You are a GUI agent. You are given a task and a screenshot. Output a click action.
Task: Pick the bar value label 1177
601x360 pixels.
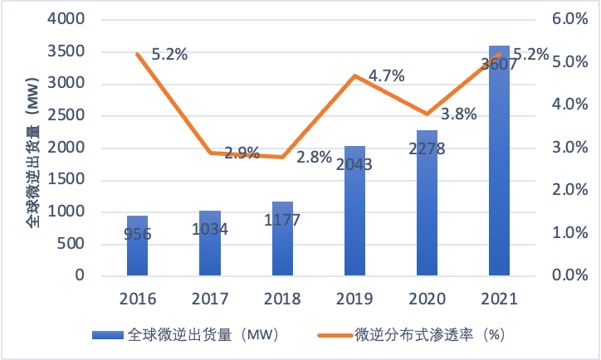282,221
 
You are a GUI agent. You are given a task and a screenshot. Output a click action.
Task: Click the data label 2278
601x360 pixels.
427,149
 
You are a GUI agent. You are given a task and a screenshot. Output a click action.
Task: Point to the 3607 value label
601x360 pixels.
499,66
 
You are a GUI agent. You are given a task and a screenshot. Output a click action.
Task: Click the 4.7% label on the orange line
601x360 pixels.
386,76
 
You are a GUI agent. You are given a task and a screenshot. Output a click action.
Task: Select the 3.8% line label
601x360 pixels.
458,114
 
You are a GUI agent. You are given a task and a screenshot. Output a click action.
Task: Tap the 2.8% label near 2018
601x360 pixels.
314,158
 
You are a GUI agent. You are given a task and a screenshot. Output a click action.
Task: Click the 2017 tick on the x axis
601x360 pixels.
210,299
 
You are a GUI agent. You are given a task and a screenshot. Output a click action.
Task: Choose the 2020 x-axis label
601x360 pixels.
427,299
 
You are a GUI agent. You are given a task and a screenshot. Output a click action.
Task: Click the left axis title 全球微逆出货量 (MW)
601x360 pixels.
32,148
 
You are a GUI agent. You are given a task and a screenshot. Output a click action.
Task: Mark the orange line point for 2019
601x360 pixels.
354,75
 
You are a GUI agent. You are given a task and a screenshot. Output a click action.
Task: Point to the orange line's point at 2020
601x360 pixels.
427,114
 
